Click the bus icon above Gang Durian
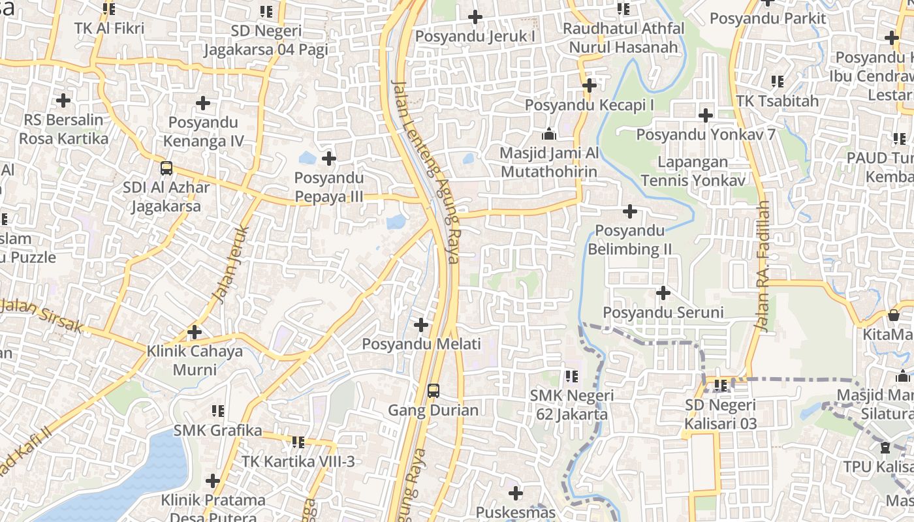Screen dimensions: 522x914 [433, 391]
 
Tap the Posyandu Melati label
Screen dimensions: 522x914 [421, 344]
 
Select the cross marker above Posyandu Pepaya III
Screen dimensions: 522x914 [329, 158]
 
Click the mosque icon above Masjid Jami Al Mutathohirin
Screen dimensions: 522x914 [549, 134]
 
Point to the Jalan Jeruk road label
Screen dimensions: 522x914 [230, 264]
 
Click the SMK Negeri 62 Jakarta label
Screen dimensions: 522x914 [572, 405]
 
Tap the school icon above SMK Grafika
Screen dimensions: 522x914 [218, 411]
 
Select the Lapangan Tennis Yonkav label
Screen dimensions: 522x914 [693, 171]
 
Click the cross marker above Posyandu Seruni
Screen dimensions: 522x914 [663, 293]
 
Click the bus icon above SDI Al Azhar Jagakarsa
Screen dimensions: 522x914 [166, 168]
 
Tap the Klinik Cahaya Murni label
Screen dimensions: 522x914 [194, 360]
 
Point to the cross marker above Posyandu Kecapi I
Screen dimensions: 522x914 [590, 85]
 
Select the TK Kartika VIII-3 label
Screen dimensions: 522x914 [298, 461]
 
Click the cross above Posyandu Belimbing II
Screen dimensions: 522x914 [630, 211]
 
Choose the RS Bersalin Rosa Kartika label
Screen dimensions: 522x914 [63, 129]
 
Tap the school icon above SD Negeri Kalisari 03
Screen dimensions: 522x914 [721, 386]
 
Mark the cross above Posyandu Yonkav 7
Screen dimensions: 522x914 [706, 115]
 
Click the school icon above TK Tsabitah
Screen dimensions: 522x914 [777, 82]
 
